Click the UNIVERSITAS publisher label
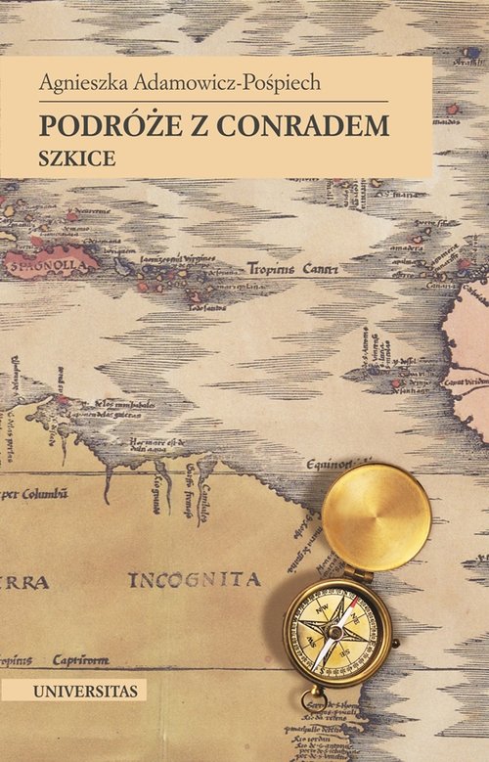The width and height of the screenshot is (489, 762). click(73, 691)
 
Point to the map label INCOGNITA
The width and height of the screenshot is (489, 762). click(196, 579)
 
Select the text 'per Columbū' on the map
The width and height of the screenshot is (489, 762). click(34, 493)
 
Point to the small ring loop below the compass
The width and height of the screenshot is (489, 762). click(314, 698)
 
